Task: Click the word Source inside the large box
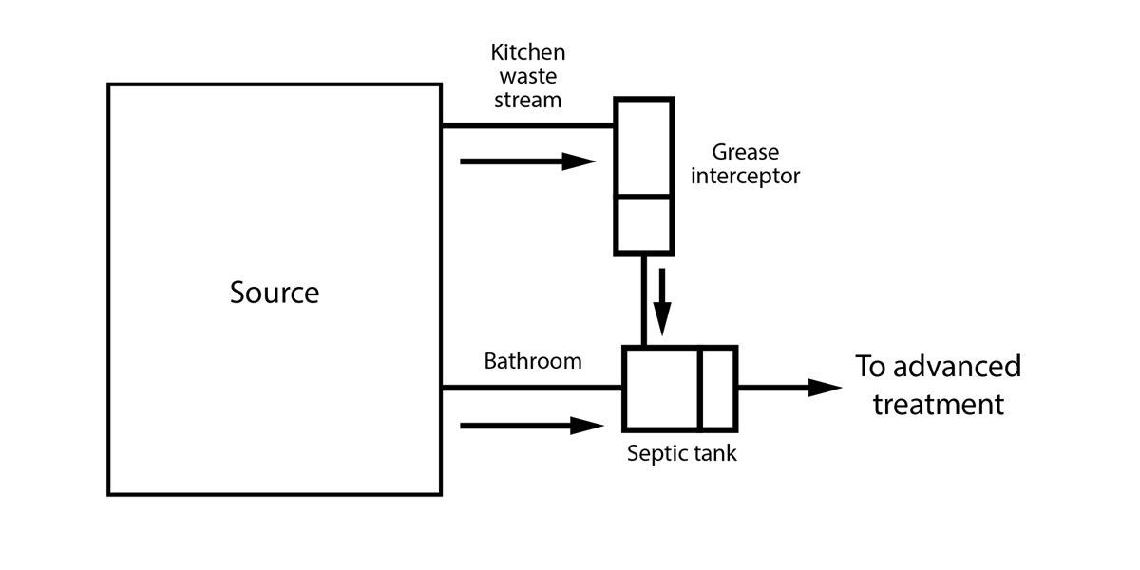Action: (x=275, y=293)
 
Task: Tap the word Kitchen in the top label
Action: (x=527, y=52)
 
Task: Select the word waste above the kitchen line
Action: (x=527, y=76)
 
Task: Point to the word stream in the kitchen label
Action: (x=527, y=100)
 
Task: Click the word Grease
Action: (x=745, y=152)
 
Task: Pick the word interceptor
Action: (x=745, y=176)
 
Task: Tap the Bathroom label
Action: (x=532, y=361)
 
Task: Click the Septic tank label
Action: (x=681, y=453)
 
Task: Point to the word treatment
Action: (x=938, y=405)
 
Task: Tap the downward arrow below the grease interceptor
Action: (x=662, y=299)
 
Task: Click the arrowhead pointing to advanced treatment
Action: (x=825, y=388)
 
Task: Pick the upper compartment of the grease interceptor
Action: (x=644, y=147)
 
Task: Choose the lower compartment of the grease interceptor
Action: (x=644, y=225)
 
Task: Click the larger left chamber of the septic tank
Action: (x=662, y=388)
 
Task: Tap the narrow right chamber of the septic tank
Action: (x=718, y=388)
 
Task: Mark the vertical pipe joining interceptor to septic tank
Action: (x=644, y=300)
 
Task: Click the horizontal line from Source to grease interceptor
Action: (x=527, y=125)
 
